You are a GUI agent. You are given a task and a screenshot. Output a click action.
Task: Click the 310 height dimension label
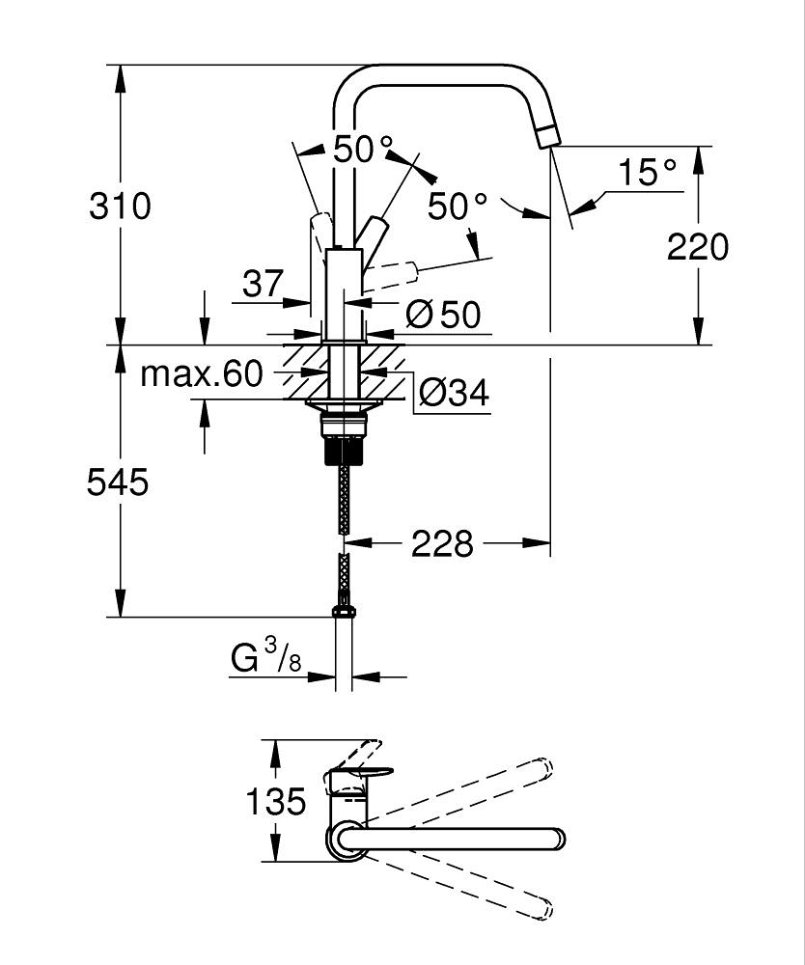pyautogui.click(x=120, y=207)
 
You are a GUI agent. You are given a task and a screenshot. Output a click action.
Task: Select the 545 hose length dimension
pyautogui.click(x=118, y=482)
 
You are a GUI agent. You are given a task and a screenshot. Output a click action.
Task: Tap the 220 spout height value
pyautogui.click(x=698, y=247)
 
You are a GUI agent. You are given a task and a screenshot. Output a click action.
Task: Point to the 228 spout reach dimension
pyautogui.click(x=443, y=544)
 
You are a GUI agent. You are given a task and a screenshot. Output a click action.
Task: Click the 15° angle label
pyautogui.click(x=646, y=173)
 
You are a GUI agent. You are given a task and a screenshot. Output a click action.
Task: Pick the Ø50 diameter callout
pyautogui.click(x=443, y=314)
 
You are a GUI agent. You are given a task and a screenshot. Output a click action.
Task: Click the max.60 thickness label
pyautogui.click(x=202, y=373)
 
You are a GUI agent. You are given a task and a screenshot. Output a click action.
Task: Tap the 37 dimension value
pyautogui.click(x=263, y=284)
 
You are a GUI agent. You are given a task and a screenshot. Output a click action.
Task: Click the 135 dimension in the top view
pyautogui.click(x=275, y=801)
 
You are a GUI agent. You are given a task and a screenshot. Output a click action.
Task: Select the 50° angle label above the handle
pyautogui.click(x=363, y=149)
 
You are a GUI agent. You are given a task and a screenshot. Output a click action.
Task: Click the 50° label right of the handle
pyautogui.click(x=458, y=206)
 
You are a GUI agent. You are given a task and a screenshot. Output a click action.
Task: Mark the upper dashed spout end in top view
pyautogui.click(x=541, y=769)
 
